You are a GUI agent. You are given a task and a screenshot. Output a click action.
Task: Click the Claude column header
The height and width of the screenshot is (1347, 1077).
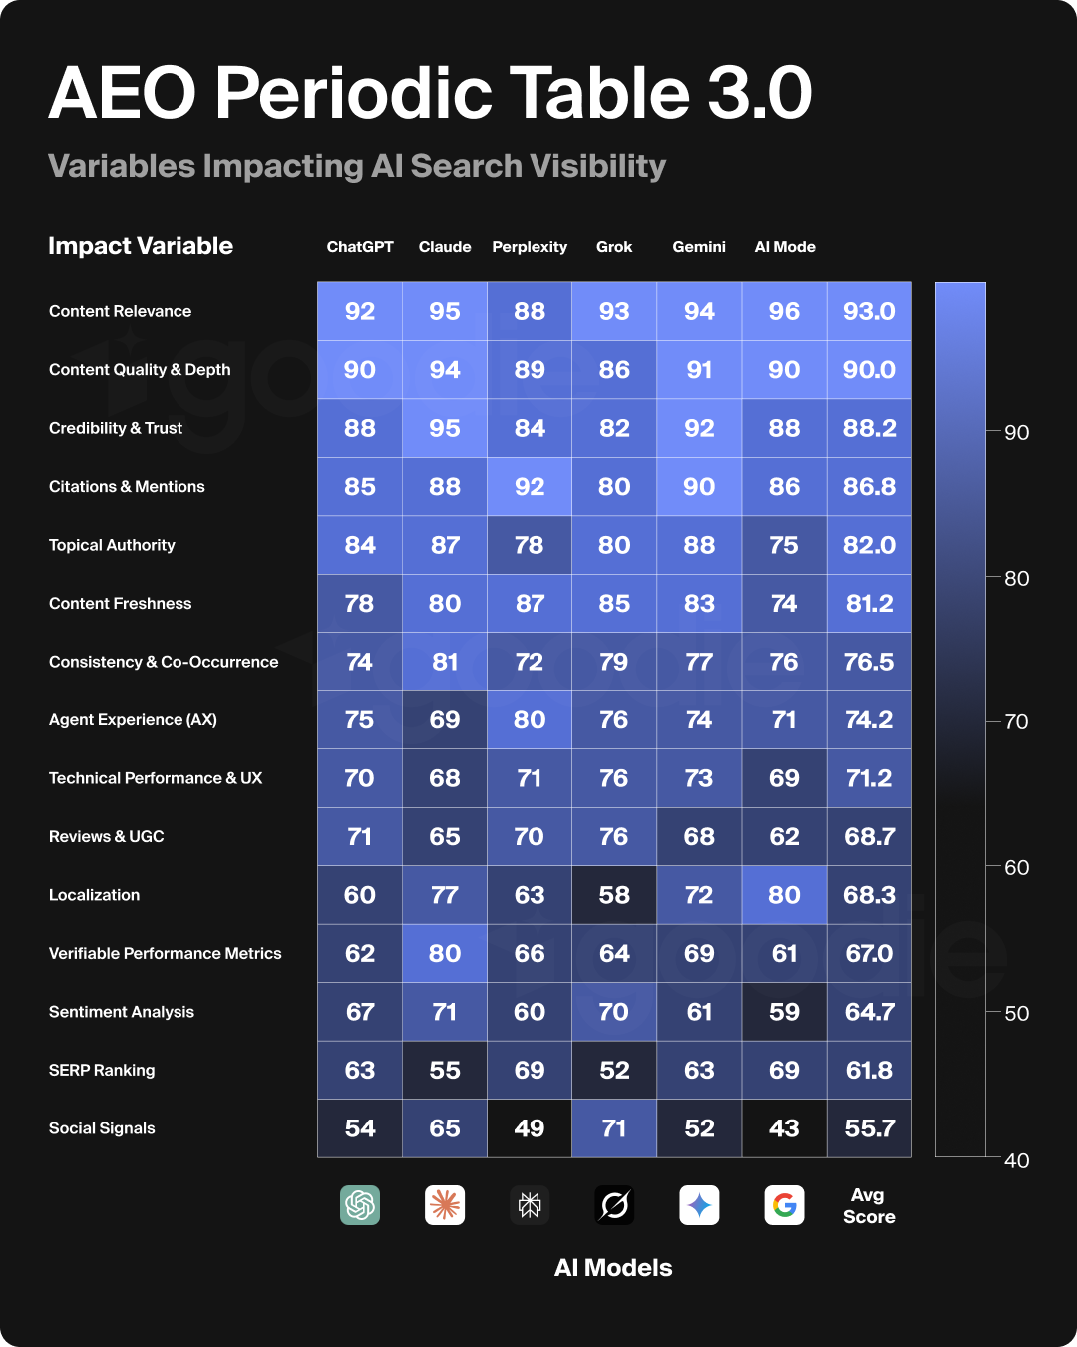445,247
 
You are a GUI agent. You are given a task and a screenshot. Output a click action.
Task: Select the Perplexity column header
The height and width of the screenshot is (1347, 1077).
530,247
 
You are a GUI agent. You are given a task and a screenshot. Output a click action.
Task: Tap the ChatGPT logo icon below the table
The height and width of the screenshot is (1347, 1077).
360,1205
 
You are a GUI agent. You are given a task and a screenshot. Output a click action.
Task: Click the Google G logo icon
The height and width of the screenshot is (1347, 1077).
785,1205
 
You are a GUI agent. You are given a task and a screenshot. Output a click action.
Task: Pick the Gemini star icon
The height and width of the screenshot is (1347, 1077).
699,1205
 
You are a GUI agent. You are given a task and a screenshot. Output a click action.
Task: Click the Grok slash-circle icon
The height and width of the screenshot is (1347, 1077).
614,1205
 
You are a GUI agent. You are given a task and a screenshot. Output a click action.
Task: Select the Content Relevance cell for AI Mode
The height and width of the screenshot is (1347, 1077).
784,311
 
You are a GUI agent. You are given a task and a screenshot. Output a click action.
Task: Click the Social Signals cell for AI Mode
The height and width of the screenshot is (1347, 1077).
784,1128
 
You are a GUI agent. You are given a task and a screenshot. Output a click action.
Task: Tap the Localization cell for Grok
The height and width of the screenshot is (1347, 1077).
614,895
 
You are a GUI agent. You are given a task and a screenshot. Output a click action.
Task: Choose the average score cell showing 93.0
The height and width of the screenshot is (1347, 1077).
869,311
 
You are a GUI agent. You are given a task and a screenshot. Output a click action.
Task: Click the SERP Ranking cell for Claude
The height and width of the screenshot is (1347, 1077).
445,1070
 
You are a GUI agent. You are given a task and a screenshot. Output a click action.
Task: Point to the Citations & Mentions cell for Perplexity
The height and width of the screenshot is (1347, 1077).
530,487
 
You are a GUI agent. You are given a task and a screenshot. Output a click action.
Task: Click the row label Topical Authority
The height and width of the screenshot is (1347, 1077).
112,545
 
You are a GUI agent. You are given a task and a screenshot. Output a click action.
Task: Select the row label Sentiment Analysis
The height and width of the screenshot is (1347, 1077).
122,1012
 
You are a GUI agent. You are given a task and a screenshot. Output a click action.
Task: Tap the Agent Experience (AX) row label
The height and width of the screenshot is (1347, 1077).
133,719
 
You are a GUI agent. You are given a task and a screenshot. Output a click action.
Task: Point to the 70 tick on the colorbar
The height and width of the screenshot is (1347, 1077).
1015,721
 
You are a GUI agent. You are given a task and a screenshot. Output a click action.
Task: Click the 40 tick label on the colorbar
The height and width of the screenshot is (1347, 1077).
1016,1160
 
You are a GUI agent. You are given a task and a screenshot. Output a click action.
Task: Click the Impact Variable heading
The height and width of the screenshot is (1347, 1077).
141,246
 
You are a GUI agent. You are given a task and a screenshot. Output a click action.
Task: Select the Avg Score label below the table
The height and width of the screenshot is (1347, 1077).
869,1205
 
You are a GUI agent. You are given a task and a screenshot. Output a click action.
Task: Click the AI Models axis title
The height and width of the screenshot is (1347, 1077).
613,1268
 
